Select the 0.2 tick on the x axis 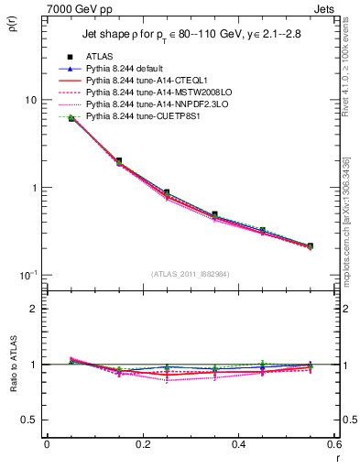(143, 445)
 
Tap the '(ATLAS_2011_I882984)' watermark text (190, 273)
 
